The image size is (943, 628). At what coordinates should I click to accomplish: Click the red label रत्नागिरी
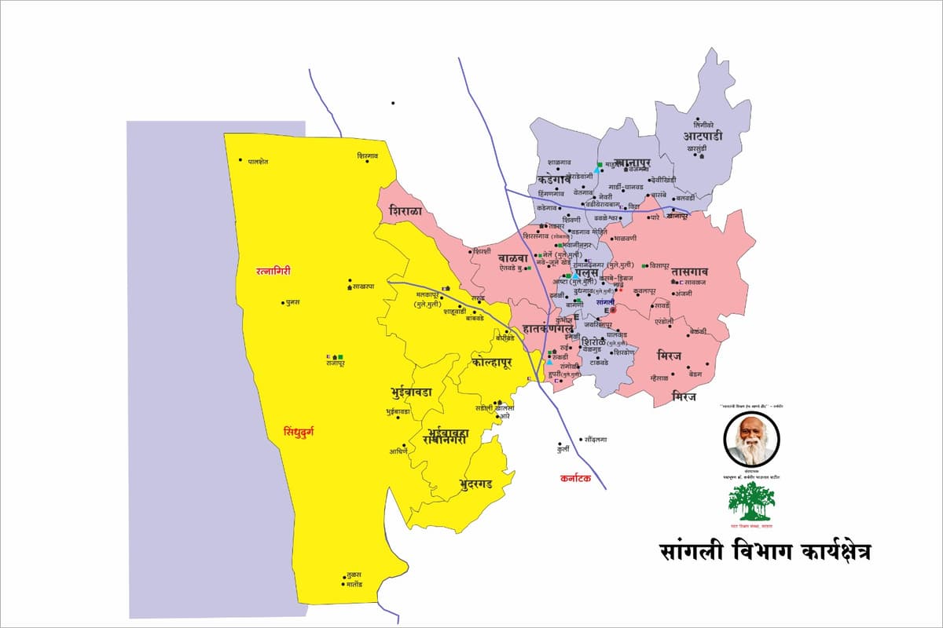[273, 271]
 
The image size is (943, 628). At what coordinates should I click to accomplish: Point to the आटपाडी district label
[703, 136]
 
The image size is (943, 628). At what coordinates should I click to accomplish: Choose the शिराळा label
[405, 212]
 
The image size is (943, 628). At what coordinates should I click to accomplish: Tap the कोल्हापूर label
[492, 363]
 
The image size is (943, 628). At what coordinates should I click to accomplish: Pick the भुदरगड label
[475, 484]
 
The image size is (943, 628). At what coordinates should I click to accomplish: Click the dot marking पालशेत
[240, 160]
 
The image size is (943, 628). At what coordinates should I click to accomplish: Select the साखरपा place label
[364, 287]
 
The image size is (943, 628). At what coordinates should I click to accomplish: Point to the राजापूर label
[336, 365]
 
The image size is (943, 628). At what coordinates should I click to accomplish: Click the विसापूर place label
[659, 267]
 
